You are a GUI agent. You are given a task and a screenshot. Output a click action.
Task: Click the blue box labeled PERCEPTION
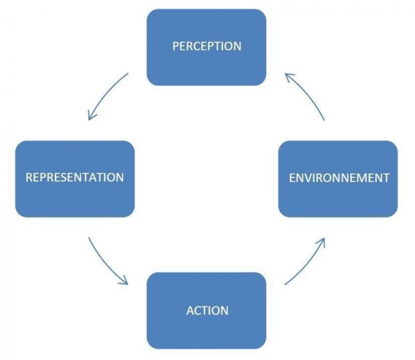point(206,47)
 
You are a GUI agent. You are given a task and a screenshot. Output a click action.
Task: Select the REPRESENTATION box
point(74,179)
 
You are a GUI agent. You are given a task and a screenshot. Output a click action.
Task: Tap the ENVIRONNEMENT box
point(338,179)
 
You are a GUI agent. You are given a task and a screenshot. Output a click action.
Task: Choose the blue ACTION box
point(206,310)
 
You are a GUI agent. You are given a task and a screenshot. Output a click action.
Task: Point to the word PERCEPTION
point(206,47)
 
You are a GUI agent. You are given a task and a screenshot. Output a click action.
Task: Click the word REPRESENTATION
point(74,178)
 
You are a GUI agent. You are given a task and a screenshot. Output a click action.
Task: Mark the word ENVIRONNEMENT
point(338,178)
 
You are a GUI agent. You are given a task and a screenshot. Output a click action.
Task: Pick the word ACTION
point(207,310)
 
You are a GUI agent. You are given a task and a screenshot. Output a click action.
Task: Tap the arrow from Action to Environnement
point(309,262)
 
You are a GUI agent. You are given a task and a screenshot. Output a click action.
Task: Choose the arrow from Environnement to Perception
point(307,94)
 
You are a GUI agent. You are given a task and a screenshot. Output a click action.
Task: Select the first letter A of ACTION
point(189,310)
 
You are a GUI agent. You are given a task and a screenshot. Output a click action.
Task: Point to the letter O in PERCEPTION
point(229,47)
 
